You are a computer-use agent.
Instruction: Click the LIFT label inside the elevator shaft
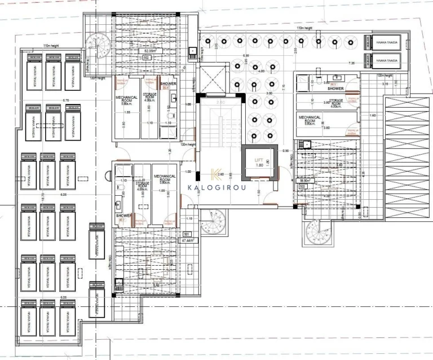(x=259, y=160)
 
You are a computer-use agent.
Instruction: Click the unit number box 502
(x=147, y=58)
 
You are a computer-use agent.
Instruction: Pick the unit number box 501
(x=187, y=233)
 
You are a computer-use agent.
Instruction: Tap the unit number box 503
(x=303, y=186)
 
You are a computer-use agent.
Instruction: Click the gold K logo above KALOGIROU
(x=215, y=175)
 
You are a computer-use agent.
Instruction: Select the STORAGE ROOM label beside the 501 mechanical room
(x=142, y=185)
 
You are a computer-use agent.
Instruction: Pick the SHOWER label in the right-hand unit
(x=337, y=89)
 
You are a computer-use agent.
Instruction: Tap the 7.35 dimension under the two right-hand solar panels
(x=352, y=63)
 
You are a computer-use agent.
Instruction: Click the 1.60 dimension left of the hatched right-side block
(x=373, y=115)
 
